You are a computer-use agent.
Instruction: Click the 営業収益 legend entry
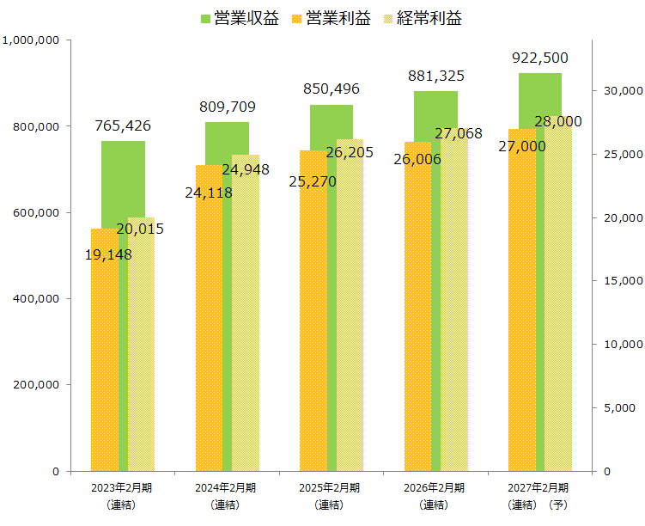pos(240,19)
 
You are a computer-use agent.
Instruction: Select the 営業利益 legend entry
pos(332,19)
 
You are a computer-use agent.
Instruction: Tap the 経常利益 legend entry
pos(422,19)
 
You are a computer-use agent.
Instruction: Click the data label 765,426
pos(123,125)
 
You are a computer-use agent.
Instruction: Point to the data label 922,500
pos(539,58)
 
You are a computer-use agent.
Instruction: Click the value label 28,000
pos(557,121)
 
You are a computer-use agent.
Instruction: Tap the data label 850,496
pos(332,89)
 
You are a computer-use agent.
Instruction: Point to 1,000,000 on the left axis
pos(31,40)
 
